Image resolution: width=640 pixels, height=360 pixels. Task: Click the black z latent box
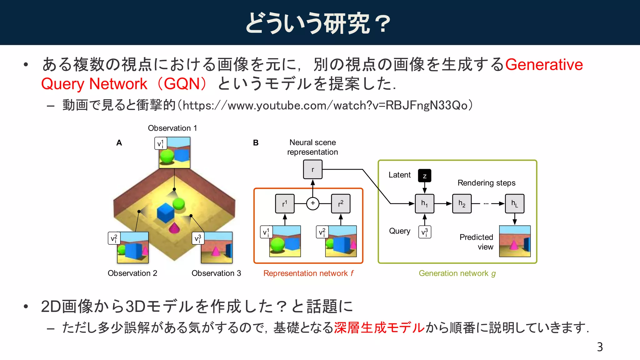click(x=424, y=176)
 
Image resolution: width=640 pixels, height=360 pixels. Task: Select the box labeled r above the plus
click(x=312, y=169)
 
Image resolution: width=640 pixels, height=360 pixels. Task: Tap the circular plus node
click(x=312, y=203)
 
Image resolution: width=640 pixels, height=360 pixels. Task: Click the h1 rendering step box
click(x=424, y=203)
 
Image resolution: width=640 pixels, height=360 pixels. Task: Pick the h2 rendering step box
click(x=462, y=203)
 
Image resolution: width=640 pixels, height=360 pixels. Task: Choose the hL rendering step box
click(x=514, y=203)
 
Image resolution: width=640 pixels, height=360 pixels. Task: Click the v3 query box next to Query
click(x=424, y=232)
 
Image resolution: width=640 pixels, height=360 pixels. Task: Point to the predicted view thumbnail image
click(x=514, y=241)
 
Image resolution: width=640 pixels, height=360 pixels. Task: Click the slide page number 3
click(x=599, y=347)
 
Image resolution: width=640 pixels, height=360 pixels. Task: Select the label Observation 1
click(x=172, y=128)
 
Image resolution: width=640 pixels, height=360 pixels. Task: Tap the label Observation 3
click(x=216, y=273)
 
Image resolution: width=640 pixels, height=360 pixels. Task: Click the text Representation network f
click(x=308, y=273)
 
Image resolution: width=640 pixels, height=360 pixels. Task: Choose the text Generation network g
click(x=457, y=273)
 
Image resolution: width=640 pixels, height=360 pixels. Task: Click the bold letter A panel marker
click(x=119, y=143)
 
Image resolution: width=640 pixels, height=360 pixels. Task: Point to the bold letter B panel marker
click(x=256, y=143)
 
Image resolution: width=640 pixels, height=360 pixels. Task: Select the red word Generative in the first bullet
click(x=544, y=65)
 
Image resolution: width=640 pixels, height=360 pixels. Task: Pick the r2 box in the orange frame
click(x=340, y=203)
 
